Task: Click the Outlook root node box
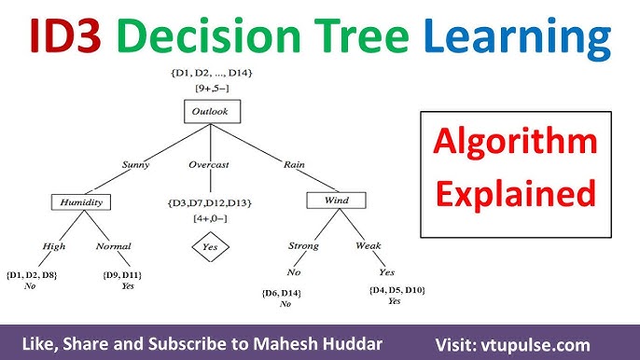210,113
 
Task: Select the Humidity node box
80,201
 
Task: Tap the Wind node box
336,201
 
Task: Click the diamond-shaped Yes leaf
209,248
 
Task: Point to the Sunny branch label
136,165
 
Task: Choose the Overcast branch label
210,165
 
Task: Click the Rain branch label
295,165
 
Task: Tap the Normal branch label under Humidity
113,246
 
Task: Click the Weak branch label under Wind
369,246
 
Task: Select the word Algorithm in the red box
515,143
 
